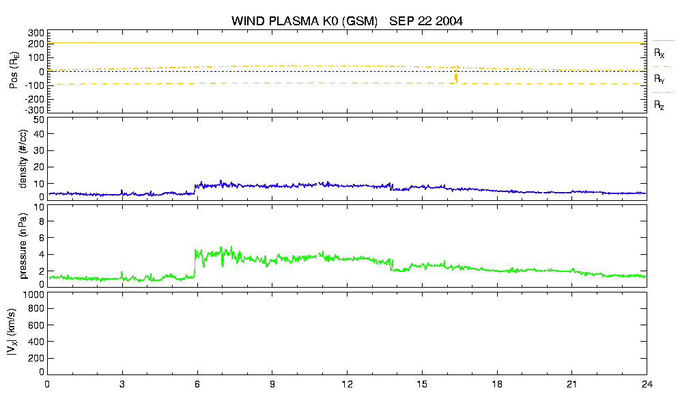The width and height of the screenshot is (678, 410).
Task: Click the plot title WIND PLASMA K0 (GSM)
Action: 305,20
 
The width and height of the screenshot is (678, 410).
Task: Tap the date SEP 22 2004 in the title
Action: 426,20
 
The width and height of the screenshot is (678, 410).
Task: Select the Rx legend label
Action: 659,53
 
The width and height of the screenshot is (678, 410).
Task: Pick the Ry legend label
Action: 659,79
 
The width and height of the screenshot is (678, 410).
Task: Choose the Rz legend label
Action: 659,105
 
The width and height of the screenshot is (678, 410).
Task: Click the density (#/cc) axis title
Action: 23,159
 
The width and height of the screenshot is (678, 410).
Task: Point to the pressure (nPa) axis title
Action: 23,245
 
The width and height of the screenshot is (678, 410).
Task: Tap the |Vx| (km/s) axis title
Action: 12,333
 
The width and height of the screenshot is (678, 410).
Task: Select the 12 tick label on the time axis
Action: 347,384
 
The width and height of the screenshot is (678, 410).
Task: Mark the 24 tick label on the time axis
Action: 647,384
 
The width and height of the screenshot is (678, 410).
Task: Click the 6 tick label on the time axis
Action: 197,384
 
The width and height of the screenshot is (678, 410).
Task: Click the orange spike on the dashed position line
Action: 455,77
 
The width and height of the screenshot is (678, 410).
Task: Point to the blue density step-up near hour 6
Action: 195,189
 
